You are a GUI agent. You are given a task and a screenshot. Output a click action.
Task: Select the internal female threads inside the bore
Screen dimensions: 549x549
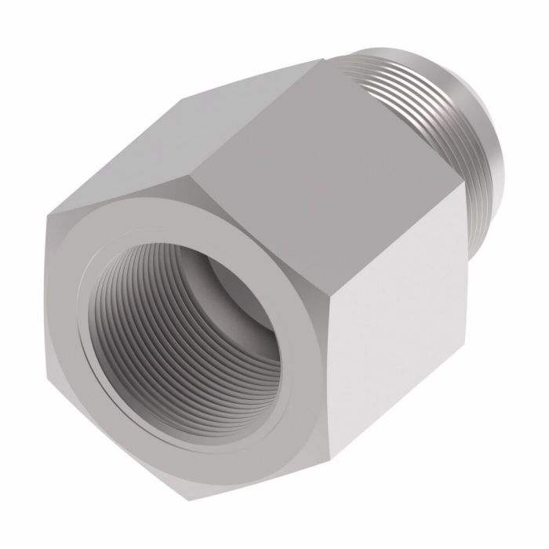point(133,314)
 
